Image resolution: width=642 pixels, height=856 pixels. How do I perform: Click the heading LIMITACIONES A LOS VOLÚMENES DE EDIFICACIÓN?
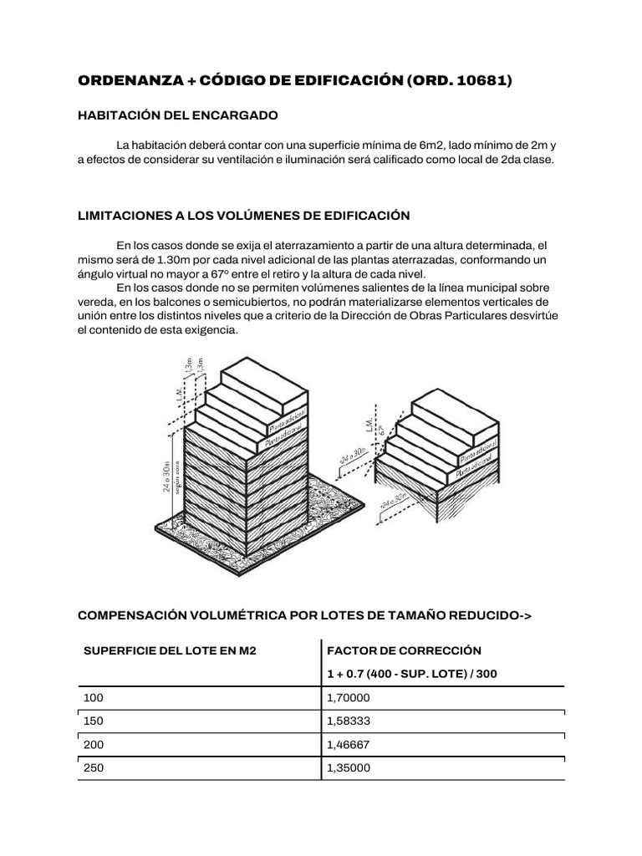click(243, 216)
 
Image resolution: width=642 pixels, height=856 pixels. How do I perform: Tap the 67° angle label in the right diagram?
click(382, 431)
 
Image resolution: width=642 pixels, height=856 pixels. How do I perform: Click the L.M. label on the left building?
click(179, 392)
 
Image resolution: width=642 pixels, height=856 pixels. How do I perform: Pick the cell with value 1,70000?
click(350, 697)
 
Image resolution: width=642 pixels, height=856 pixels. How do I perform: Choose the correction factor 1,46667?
click(350, 744)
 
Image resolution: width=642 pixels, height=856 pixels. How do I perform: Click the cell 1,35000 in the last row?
click(350, 768)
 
